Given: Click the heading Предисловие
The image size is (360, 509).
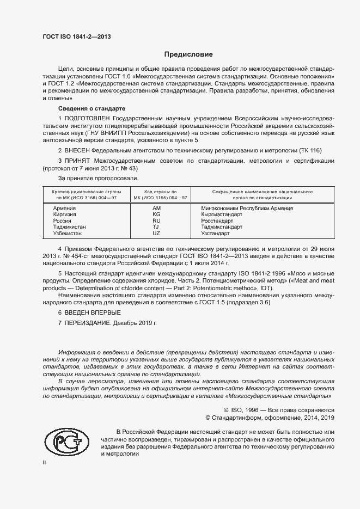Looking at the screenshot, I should [188, 54].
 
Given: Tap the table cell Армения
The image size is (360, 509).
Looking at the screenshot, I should [64, 208].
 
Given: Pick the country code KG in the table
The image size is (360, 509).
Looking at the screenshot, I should [157, 214].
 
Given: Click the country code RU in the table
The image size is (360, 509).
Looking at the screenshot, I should [157, 221].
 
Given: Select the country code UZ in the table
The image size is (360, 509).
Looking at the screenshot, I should [157, 233].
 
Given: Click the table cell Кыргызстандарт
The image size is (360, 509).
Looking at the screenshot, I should [222, 214].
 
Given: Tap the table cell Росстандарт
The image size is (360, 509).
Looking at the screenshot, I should [217, 221].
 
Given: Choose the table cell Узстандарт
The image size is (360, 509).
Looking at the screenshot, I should [215, 233].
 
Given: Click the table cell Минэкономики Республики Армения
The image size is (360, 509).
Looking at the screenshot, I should [247, 208].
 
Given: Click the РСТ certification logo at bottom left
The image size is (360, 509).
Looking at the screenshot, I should [66, 441].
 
